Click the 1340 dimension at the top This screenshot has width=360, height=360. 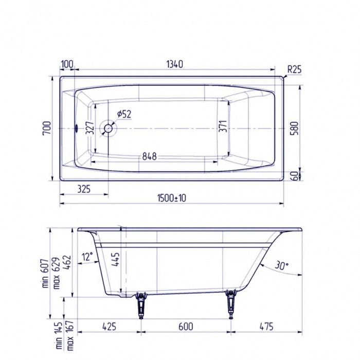(x=175, y=64)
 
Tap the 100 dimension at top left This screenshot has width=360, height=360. (x=67, y=64)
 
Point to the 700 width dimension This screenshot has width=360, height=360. (x=46, y=129)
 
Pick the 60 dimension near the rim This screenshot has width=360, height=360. (x=294, y=175)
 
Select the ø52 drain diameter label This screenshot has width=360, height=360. (x=124, y=114)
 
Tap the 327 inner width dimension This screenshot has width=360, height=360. (x=89, y=129)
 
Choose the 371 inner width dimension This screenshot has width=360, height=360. (x=223, y=129)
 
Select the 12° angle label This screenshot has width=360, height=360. (x=87, y=256)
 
